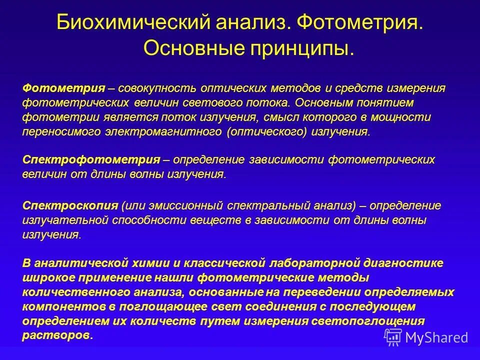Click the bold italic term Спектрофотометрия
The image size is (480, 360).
(91, 160)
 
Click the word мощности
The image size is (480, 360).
(403, 117)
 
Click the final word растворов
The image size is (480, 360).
(56, 335)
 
